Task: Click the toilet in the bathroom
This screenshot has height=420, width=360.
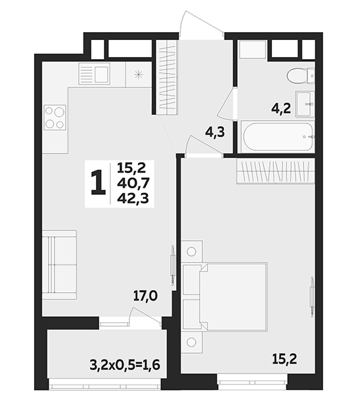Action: [x=300, y=76]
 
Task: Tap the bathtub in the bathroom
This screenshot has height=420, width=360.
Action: [x=278, y=136]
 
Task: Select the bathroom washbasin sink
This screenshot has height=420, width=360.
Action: [x=305, y=104]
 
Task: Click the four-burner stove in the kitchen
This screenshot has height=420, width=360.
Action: [x=55, y=117]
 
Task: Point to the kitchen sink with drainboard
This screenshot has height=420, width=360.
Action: [x=95, y=74]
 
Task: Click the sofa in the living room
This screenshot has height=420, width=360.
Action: [x=60, y=264]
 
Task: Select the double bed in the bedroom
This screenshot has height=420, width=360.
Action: [x=225, y=297]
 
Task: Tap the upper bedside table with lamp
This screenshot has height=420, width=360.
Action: [x=191, y=251]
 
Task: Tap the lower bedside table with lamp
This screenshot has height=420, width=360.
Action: [x=191, y=341]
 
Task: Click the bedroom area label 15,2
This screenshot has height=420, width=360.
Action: [x=284, y=359]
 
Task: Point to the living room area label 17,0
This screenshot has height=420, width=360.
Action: [x=146, y=296]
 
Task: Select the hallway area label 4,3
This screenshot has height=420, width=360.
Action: [x=214, y=133]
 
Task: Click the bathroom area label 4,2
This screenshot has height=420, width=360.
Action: [x=281, y=109]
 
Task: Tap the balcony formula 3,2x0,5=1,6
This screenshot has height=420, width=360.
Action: [x=125, y=365]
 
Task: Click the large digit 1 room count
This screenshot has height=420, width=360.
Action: [x=99, y=182]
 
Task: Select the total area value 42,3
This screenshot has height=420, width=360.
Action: [x=133, y=199]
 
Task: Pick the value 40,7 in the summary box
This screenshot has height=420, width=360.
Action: [x=133, y=184]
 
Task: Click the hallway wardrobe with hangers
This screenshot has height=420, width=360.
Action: [x=168, y=77]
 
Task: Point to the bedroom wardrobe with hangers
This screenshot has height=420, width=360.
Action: [x=275, y=171]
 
